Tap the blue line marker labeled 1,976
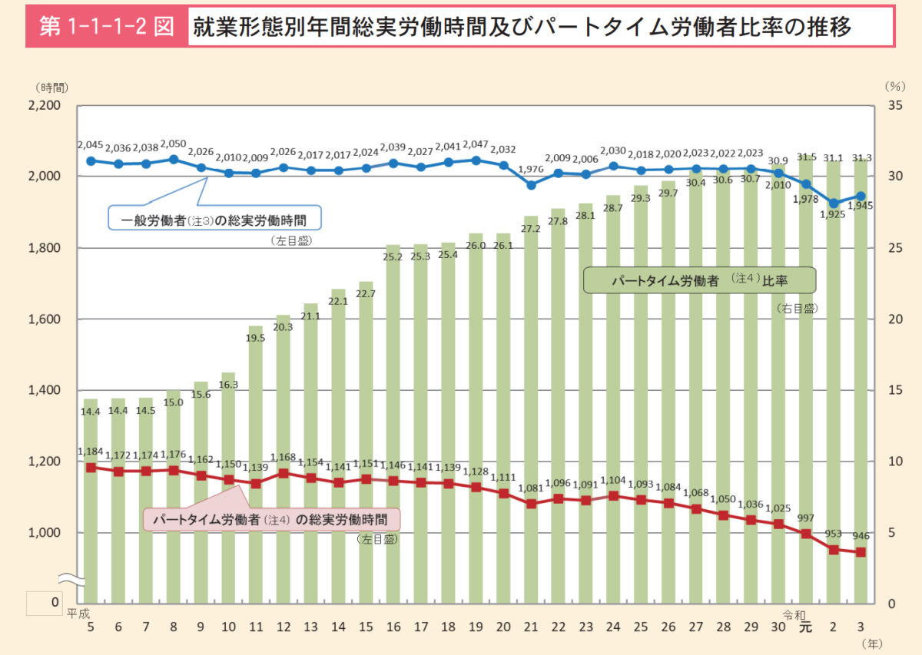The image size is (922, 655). click(531, 185)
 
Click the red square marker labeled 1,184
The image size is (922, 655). click(91, 468)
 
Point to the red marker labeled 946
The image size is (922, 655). click(861, 552)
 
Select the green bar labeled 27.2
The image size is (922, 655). click(531, 407)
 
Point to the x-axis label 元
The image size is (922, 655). click(804, 626)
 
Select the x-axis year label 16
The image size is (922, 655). click(393, 626)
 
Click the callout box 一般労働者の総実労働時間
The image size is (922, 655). click(214, 220)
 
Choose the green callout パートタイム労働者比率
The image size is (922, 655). click(698, 281)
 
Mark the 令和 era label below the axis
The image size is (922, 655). click(794, 614)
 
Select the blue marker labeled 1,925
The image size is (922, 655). click(833, 203)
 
